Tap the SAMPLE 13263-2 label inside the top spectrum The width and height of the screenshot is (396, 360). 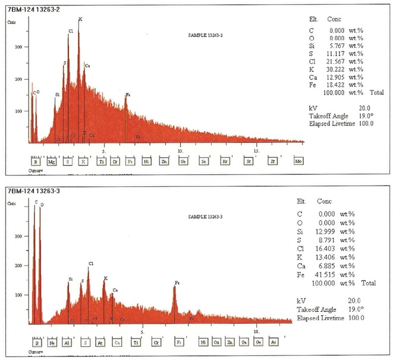(x=205, y=36)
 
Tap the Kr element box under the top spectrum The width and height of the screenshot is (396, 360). (x=225, y=161)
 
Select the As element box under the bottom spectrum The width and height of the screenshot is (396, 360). (x=274, y=342)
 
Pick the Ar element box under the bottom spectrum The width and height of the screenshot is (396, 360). (x=100, y=342)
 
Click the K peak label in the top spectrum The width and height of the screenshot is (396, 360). (x=80, y=20)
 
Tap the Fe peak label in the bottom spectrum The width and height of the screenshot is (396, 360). (x=177, y=283)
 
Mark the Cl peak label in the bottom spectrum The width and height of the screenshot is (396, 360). (x=91, y=263)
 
